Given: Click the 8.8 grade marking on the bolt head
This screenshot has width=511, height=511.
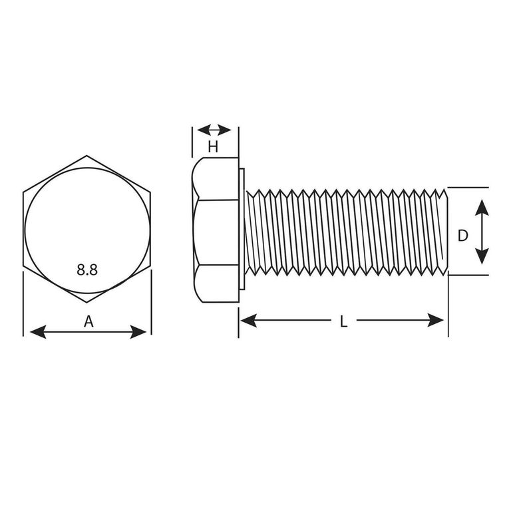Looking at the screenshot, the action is tap(87, 270).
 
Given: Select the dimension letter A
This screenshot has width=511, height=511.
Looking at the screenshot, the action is tap(88, 321).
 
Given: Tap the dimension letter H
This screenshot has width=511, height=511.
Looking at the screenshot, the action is tap(213, 147).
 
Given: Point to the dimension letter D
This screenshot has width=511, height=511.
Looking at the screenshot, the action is tap(463, 236).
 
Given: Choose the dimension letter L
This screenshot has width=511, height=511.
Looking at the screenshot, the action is tap(343, 321).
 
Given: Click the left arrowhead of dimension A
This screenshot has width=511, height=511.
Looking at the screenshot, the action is tap(38, 332).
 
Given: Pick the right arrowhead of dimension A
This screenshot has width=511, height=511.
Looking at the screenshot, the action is tap(138, 332).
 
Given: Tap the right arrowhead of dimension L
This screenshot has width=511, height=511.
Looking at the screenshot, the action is tap(435, 320).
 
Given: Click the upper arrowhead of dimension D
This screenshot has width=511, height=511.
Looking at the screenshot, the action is tap(482, 208).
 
